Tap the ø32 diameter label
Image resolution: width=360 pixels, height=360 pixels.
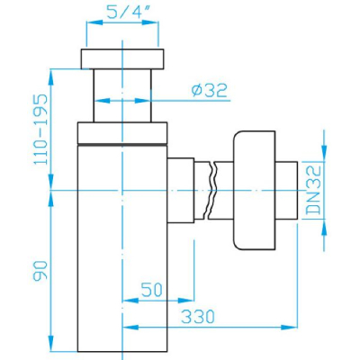point(210,90)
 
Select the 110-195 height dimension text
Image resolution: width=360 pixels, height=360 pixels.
point(40,130)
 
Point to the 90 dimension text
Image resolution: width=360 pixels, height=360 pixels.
point(40,271)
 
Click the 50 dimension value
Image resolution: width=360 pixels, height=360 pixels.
point(152,290)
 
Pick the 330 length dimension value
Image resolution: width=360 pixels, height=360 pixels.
point(199,316)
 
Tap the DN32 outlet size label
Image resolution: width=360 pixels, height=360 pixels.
point(314,190)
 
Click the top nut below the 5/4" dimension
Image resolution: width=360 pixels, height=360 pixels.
point(122,58)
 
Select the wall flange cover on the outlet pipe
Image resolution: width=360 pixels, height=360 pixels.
point(254,190)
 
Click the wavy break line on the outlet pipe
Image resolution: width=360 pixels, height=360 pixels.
point(211,190)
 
